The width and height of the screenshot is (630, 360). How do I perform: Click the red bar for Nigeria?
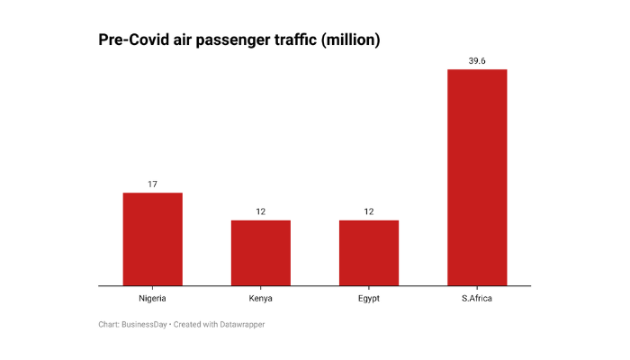[152, 238]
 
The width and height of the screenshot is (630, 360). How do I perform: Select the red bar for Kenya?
[260, 252]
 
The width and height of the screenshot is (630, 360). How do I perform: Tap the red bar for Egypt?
[368, 252]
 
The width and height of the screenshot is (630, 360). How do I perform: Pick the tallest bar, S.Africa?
[477, 177]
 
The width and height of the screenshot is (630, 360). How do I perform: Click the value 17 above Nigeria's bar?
[152, 184]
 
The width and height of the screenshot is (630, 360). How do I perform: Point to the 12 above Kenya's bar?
[260, 211]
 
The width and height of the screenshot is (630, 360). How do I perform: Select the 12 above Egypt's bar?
[368, 211]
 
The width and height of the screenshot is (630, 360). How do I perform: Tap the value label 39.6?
[477, 60]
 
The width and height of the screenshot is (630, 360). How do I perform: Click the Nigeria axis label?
[152, 298]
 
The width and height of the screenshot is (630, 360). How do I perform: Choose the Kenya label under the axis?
[260, 298]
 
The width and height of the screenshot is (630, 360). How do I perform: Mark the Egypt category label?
[368, 298]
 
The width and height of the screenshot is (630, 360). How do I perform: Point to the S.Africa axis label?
[477, 298]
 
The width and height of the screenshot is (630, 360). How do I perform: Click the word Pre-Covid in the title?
[135, 40]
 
